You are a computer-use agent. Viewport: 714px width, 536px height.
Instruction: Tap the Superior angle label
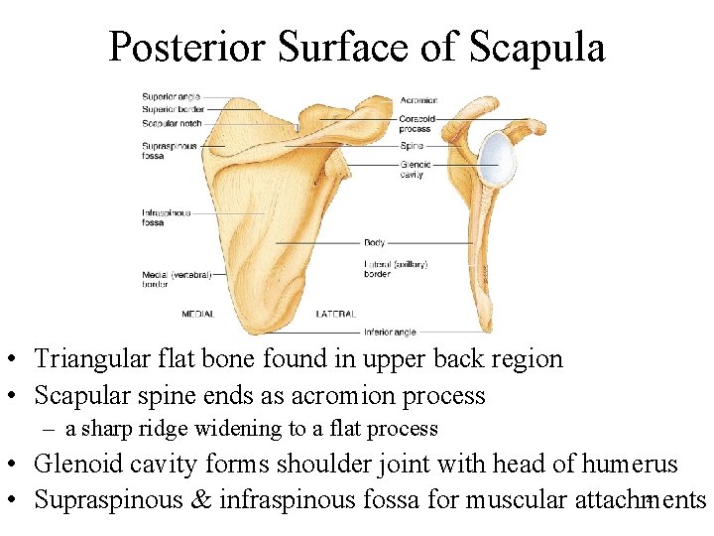click(172, 97)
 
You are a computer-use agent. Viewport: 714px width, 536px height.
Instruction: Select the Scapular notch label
click(172, 124)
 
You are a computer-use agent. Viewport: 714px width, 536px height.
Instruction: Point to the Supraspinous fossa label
click(168, 150)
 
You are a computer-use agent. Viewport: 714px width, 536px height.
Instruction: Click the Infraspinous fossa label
click(166, 216)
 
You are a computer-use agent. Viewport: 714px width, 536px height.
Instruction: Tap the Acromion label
click(418, 100)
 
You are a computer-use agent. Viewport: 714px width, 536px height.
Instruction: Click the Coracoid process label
click(417, 124)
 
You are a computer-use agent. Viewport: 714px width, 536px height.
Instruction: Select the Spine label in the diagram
click(412, 145)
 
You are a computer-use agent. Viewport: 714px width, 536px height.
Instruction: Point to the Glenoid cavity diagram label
click(414, 169)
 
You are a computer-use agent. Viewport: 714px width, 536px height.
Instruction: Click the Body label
click(375, 242)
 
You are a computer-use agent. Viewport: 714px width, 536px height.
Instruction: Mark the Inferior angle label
click(390, 332)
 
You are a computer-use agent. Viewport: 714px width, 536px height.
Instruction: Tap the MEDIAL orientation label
click(197, 314)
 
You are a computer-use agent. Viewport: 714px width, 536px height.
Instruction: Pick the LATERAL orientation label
click(336, 314)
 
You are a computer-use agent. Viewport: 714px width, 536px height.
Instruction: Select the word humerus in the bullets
click(630, 463)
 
